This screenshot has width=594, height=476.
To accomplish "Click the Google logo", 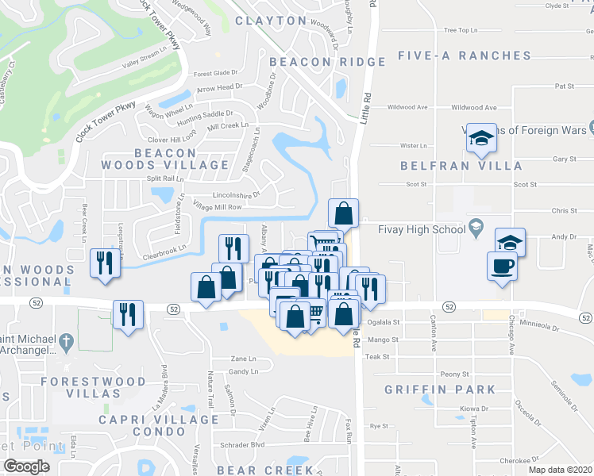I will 27,466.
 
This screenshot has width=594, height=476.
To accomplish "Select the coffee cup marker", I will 502,266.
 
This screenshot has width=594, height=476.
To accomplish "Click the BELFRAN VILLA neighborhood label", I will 461,166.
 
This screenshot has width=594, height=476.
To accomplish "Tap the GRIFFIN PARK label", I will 440,390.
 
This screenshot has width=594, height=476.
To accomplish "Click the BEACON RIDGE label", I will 327,61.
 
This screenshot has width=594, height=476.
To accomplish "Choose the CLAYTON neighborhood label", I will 271,21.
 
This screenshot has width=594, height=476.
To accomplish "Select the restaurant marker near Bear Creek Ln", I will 105,263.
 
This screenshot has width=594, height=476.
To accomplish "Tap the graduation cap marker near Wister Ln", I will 480,139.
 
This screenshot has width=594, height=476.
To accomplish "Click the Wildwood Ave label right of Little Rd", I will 473,107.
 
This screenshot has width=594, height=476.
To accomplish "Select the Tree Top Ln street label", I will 462,30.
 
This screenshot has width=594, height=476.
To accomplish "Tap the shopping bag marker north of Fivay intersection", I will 343,213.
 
